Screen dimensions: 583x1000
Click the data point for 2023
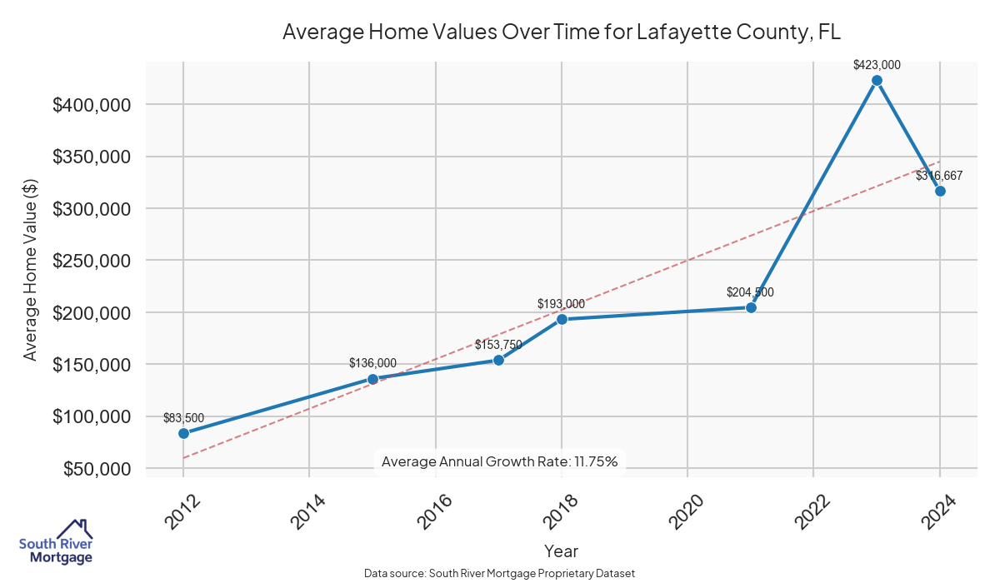pos(877,81)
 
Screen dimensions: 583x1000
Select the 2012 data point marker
pos(183,433)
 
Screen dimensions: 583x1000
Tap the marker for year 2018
pos(562,319)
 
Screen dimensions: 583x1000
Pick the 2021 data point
pos(751,307)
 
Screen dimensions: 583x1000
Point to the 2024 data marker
pos(940,191)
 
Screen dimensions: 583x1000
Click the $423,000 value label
pos(877,64)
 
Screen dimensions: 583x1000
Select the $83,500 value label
pos(183,417)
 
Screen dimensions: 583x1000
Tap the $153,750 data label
pos(498,344)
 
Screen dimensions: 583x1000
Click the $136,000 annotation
pos(372,362)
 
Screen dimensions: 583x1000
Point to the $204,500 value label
pos(750,292)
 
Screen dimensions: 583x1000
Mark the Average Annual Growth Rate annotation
pos(499,461)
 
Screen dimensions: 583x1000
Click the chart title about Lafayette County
pos(562,32)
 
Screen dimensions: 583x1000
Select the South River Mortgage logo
pos(56,541)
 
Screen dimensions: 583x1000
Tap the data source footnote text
pos(499,573)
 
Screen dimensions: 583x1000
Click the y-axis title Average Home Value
pos(31,269)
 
